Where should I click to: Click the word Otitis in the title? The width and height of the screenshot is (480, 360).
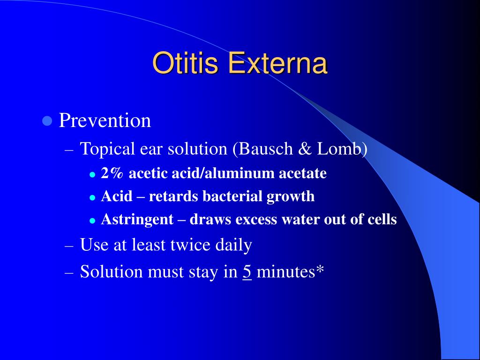coord(185,63)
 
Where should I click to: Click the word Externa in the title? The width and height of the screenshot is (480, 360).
coord(277,63)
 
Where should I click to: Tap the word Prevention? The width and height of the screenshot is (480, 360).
coord(105,120)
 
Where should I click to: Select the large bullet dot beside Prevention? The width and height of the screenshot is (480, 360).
coord(47,121)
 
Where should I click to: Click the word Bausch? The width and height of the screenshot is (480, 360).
coord(266,149)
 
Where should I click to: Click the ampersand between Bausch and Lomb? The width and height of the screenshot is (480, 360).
coord(305,149)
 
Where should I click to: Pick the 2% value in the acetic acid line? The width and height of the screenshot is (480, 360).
coord(112,173)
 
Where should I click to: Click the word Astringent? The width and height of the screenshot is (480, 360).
coord(137,220)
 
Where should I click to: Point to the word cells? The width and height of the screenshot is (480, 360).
coord(382,219)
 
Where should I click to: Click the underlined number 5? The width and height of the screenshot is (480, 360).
coord(247,272)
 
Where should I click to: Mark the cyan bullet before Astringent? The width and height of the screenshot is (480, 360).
coord(92,221)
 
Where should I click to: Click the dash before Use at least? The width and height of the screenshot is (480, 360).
coord(69,246)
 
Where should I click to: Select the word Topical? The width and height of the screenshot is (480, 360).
coord(107,150)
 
